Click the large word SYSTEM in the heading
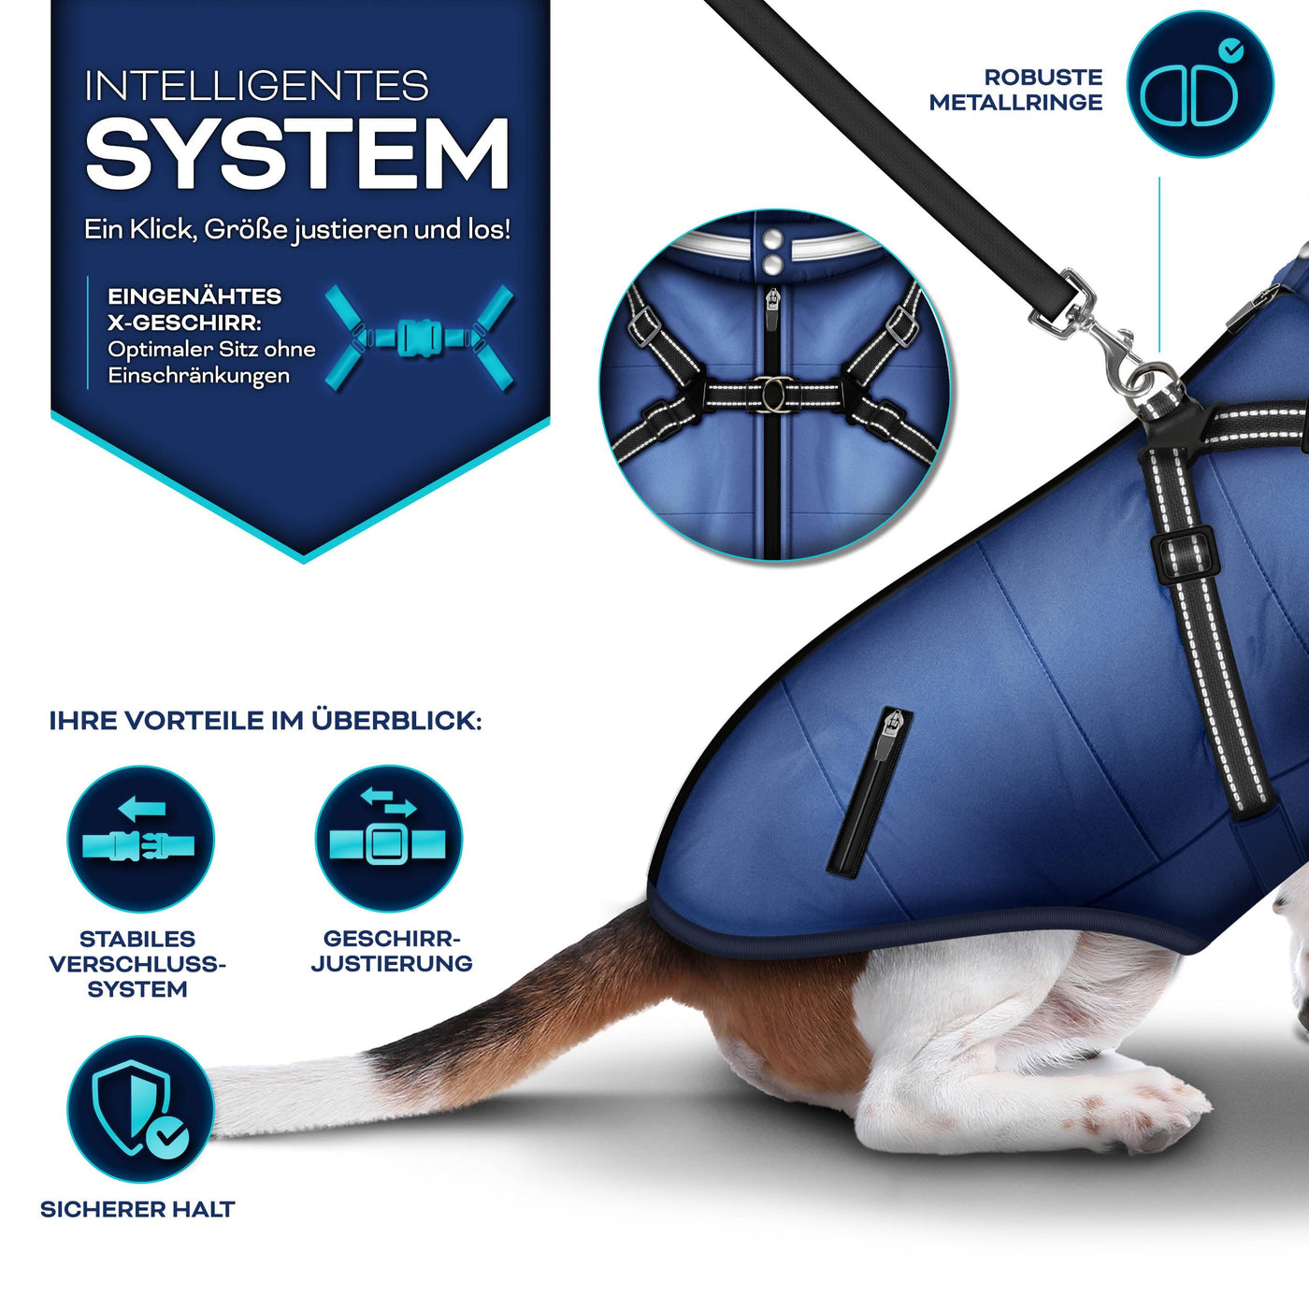297,155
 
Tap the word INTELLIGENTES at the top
256,87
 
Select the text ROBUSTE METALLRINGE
1016,90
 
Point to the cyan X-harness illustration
419,338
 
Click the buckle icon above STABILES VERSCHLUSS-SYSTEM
140,840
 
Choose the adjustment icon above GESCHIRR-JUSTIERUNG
388,840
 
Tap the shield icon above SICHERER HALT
140,1109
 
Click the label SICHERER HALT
137,1209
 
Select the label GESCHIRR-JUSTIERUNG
392,951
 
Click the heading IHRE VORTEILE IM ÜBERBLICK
266,721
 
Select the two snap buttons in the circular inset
771,252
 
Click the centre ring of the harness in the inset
773,394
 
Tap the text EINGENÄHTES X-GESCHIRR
194,309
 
